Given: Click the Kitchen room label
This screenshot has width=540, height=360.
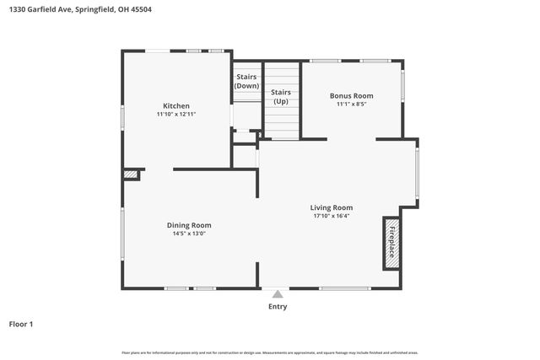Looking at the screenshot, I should tap(176, 105).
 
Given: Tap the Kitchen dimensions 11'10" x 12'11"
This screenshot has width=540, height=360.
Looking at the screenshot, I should tap(176, 114).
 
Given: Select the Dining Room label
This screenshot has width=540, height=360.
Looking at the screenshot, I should tap(188, 225).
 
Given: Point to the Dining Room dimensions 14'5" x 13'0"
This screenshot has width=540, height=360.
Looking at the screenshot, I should tap(188, 234).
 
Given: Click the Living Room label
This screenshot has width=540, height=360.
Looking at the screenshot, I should tap(331, 207).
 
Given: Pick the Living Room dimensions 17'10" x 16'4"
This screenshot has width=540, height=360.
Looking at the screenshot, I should tap(331, 216).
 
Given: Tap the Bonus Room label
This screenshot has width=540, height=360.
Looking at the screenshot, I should tap(351, 96).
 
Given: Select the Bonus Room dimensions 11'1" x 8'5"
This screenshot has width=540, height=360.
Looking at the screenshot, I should tap(351, 105).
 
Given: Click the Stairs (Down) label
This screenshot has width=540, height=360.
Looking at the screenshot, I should tap(246, 81).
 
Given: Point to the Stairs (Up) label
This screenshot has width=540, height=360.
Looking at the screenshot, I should tap(280, 96).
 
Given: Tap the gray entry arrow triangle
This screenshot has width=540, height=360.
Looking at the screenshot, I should tap(277, 294).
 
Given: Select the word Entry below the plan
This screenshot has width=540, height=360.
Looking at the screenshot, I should tap(277, 307).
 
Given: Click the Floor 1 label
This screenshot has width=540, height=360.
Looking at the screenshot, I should tap(21, 324).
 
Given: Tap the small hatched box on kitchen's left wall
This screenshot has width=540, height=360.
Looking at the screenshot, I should tap(131, 175).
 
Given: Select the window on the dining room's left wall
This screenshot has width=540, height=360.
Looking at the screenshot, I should tap(123, 234).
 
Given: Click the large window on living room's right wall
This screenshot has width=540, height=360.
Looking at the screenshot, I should tap(416, 175).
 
